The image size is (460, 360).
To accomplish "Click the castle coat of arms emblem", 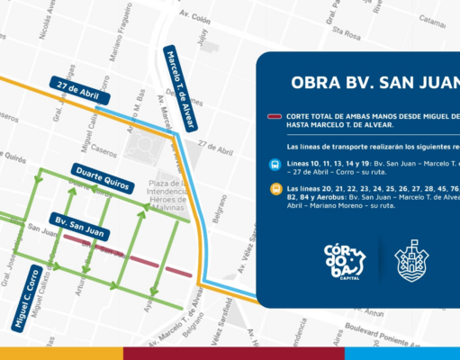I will [419, 263].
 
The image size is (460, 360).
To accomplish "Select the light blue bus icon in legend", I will [275, 165].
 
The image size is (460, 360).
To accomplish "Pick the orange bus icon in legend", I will [275, 190].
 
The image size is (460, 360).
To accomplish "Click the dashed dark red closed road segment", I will [126, 253].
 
